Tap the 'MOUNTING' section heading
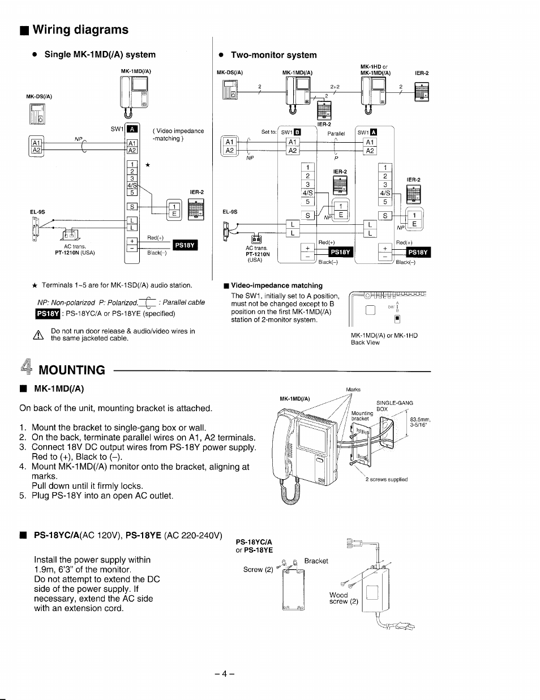click(71, 370)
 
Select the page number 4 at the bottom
click(225, 674)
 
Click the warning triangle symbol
click(39, 335)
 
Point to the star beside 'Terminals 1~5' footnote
click(35, 285)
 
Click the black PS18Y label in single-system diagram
click(185, 245)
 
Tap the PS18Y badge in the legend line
click(48, 313)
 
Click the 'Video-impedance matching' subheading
click(276, 285)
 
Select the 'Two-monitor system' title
click(273, 55)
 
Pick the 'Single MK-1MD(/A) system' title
click(100, 55)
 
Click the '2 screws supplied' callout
click(386, 479)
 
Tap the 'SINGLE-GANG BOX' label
click(394, 406)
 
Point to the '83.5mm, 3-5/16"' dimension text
click(421, 422)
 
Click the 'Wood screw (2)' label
click(344, 598)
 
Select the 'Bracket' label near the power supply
click(316, 561)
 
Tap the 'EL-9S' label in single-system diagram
click(37, 212)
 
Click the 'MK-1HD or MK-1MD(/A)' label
click(375, 70)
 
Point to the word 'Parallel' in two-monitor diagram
click(336, 134)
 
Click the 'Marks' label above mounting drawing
click(353, 390)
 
